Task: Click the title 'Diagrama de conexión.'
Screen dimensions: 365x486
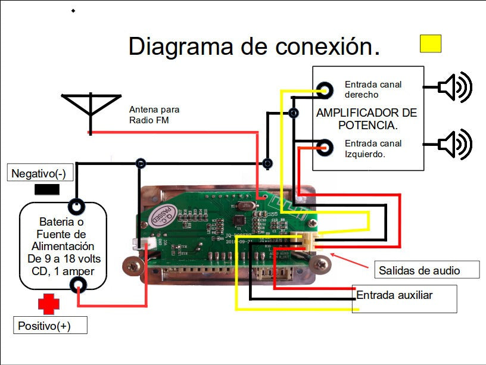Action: click(254, 46)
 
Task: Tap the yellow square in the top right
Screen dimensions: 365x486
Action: click(431, 43)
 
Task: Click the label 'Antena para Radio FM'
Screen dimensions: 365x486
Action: click(154, 114)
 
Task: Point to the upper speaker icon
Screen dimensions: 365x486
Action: click(454, 87)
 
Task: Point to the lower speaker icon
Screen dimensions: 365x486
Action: click(454, 144)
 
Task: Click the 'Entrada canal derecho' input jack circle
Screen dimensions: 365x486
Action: click(325, 90)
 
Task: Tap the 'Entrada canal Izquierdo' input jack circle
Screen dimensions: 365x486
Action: click(325, 148)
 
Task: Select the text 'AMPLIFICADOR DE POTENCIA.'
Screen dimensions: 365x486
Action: click(366, 119)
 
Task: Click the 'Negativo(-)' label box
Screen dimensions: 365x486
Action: click(39, 174)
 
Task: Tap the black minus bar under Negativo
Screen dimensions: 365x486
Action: click(47, 190)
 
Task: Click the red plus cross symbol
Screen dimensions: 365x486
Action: click(49, 304)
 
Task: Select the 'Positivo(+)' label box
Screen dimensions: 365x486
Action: click(50, 326)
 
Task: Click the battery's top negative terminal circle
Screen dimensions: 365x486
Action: click(76, 207)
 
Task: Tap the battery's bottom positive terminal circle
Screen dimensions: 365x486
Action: click(76, 287)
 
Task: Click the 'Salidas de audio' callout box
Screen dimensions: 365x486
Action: click(426, 270)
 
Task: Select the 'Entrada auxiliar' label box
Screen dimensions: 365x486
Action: click(404, 298)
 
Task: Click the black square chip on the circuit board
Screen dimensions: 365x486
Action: click(237, 221)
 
